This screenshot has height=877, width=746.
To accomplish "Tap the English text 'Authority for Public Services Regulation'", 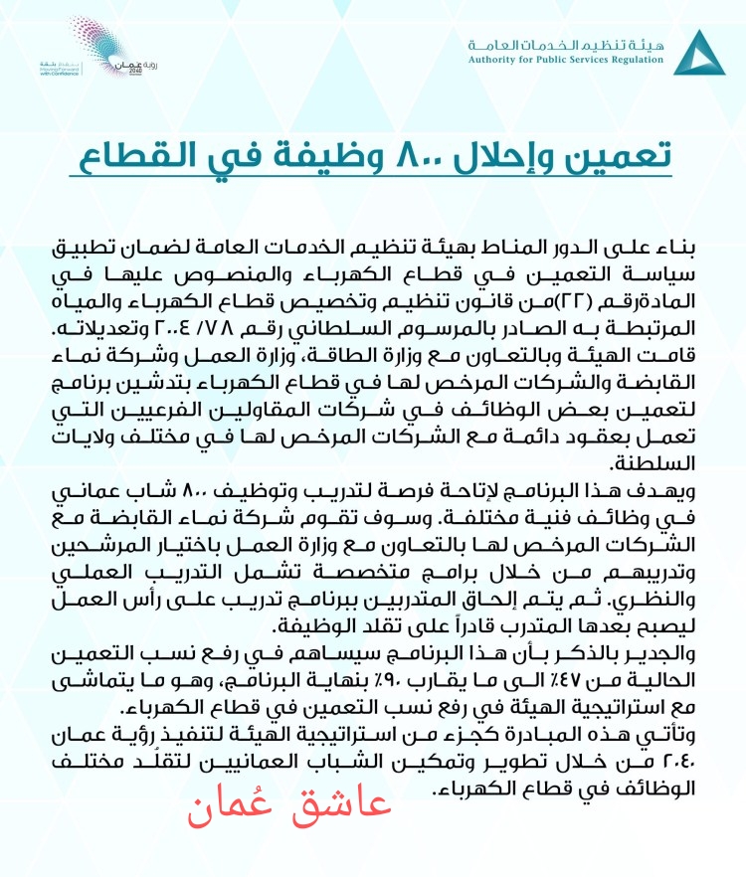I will click(565, 60).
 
